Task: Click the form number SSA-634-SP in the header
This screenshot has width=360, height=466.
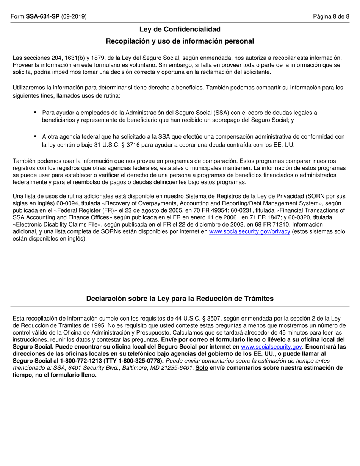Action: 42,16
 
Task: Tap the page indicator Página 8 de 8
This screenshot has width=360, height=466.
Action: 331,16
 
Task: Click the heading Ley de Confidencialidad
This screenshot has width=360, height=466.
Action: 180,29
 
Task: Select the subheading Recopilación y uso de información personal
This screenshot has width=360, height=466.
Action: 180,41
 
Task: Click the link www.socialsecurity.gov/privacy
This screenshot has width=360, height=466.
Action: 249,231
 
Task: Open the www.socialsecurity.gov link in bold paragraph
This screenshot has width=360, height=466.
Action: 271,346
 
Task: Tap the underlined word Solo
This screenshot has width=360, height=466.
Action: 202,368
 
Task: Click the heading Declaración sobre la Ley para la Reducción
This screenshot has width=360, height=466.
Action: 180,299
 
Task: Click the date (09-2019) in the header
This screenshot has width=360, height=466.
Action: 74,16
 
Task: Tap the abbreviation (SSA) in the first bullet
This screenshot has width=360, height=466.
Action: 221,113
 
